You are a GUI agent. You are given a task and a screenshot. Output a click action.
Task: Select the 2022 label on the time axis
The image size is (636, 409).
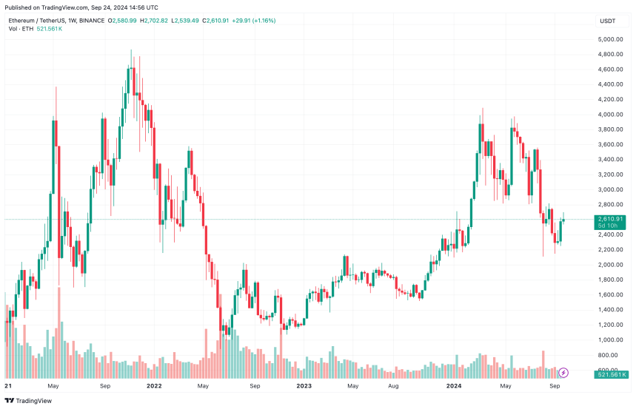(154, 385)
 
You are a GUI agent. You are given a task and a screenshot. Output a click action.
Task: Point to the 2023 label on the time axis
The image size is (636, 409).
(304, 385)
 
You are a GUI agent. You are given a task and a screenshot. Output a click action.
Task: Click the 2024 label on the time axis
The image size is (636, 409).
(455, 385)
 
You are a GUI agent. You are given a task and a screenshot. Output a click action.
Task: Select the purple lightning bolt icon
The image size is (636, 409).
(563, 373)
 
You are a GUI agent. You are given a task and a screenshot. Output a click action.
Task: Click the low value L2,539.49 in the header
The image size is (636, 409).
(186, 21)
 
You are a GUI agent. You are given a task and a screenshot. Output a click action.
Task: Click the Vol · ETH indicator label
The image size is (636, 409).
(21, 29)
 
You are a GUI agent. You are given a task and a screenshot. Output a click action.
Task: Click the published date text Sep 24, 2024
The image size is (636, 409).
(114, 7)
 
